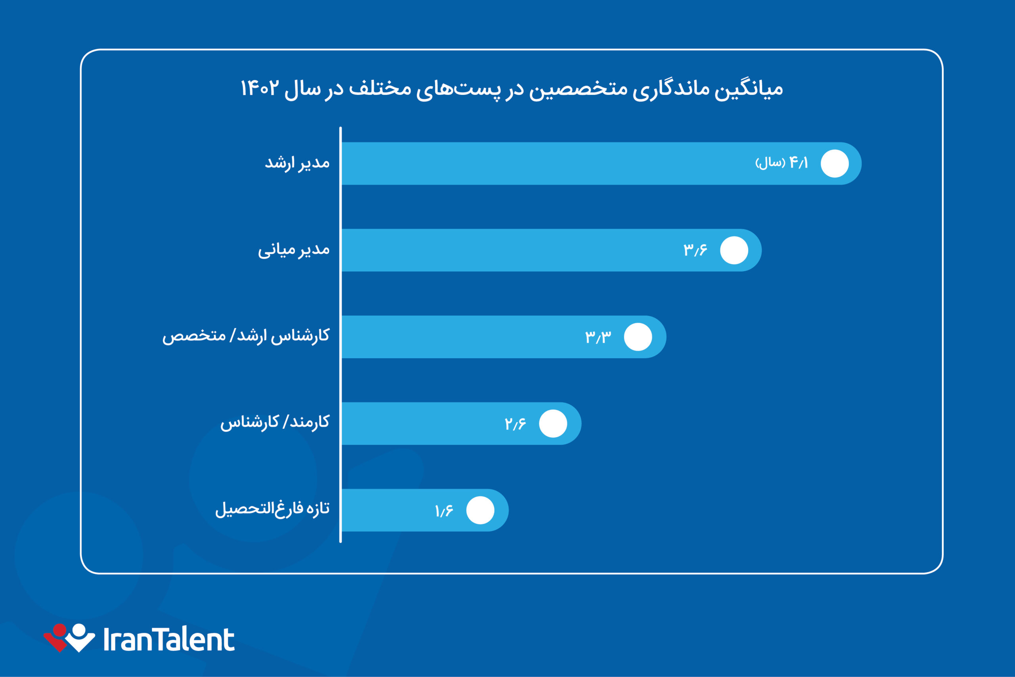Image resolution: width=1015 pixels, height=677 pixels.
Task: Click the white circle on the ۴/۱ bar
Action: [835, 164]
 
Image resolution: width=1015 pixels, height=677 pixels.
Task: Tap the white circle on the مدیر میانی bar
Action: [734, 250]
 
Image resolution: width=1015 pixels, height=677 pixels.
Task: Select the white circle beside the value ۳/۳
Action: [638, 337]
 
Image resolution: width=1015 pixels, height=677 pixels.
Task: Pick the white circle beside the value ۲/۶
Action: [553, 424]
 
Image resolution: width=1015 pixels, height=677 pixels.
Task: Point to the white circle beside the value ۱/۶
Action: [480, 510]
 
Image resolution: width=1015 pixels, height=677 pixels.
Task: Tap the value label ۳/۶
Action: [695, 250]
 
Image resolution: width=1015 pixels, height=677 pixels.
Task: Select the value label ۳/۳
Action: [598, 337]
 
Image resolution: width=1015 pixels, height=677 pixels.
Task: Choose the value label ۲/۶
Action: [515, 424]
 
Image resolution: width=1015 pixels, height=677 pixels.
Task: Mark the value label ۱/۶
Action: [444, 511]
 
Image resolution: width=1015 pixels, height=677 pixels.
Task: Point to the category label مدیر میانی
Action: [293, 250]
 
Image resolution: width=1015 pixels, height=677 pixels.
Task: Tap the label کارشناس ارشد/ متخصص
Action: [245, 336]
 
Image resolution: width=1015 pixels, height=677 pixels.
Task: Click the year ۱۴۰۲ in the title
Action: [259, 88]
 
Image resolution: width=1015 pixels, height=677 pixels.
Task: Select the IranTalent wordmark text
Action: [169, 640]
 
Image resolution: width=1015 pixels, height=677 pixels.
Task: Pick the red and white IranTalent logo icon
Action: [69, 637]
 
